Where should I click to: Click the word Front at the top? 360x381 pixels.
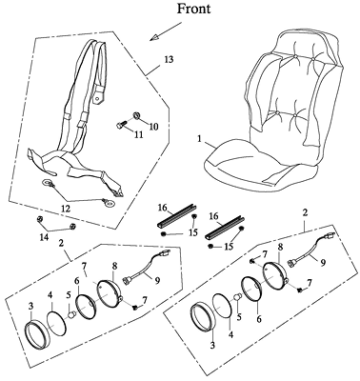[193, 9]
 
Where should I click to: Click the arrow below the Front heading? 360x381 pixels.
[166, 31]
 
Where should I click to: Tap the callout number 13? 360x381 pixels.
[169, 59]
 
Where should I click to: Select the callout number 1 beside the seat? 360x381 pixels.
[199, 139]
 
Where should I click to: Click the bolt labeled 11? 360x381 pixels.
[121, 125]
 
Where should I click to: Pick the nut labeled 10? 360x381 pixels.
[137, 115]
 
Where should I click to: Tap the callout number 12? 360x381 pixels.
[67, 209]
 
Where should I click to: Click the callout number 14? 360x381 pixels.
[44, 236]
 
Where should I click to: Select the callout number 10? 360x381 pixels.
[153, 127]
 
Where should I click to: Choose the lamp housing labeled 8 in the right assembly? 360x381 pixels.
[276, 275]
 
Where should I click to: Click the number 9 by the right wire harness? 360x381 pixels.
[323, 262]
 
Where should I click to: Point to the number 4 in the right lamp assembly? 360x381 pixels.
[231, 334]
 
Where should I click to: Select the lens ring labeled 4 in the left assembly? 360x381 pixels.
[57, 323]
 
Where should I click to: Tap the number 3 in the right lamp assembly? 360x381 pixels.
[212, 345]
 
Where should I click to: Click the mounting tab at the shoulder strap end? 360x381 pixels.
[98, 97]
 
